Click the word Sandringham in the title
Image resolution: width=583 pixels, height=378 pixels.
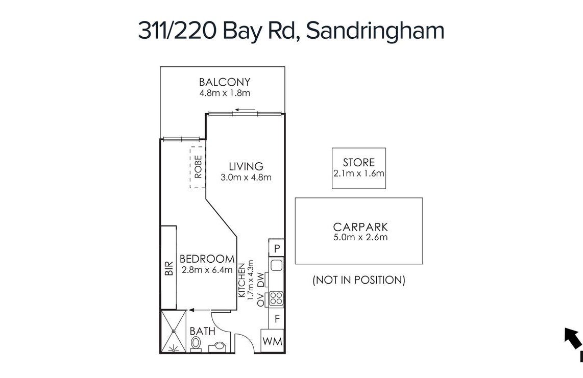tap(375, 31)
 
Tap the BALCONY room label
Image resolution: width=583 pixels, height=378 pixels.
tap(225, 82)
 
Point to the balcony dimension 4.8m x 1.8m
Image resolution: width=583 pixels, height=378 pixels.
tap(225, 93)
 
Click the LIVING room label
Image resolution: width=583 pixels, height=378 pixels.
tap(246, 166)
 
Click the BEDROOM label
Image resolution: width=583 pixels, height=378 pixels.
tap(207, 259)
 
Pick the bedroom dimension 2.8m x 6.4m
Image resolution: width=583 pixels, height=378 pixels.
tap(207, 270)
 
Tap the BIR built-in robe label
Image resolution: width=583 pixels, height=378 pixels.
tap(169, 268)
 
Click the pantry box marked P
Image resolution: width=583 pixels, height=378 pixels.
tap(277, 248)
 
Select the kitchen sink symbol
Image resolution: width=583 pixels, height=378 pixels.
tap(276, 265)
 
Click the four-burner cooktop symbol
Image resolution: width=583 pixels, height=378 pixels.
tap(276, 298)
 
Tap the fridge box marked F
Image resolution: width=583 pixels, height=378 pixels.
tap(277, 318)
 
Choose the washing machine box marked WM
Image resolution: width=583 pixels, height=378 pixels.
tap(273, 341)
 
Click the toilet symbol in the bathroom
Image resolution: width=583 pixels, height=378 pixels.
tap(196, 344)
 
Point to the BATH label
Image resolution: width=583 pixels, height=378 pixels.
tap(203, 331)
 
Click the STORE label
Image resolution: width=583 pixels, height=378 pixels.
tap(359, 162)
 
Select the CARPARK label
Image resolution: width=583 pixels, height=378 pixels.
tap(360, 226)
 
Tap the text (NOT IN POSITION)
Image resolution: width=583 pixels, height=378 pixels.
tap(359, 280)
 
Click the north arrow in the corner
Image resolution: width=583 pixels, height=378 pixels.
tap(573, 338)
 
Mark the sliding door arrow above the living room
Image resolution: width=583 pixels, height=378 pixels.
tap(245, 110)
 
